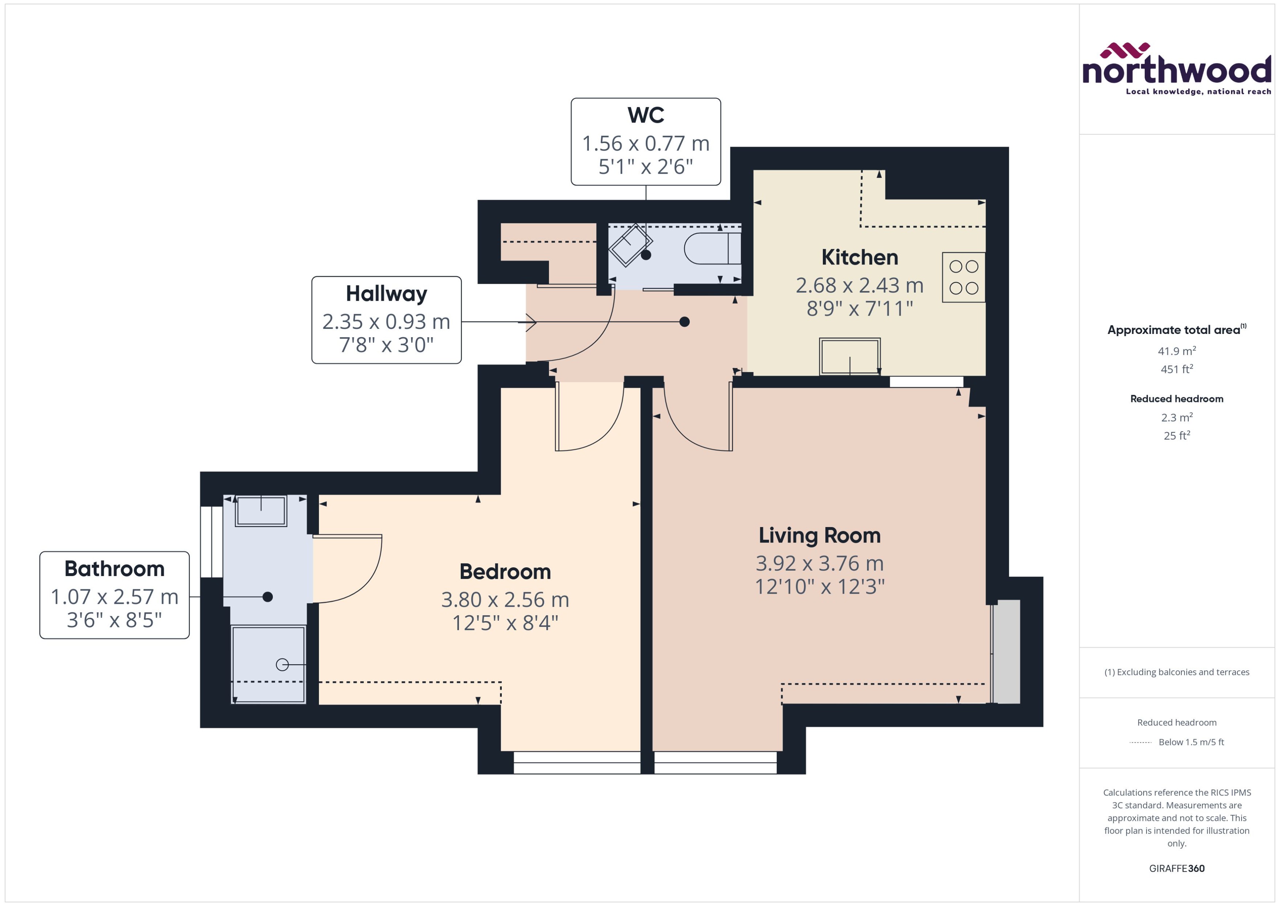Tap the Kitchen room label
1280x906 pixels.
point(859,257)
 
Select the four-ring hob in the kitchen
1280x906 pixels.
point(963,277)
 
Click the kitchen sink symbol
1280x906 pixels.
point(850,356)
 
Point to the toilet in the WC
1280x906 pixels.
point(713,248)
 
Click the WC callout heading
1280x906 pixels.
point(645,115)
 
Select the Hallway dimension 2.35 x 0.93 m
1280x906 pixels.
point(386,322)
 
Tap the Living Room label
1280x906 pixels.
point(819,535)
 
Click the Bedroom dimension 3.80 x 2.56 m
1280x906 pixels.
point(505,600)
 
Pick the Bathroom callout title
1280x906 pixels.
point(114,568)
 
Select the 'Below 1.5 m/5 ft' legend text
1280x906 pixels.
point(1191,742)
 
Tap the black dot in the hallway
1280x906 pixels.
point(684,322)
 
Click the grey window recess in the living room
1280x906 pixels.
point(1007,651)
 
